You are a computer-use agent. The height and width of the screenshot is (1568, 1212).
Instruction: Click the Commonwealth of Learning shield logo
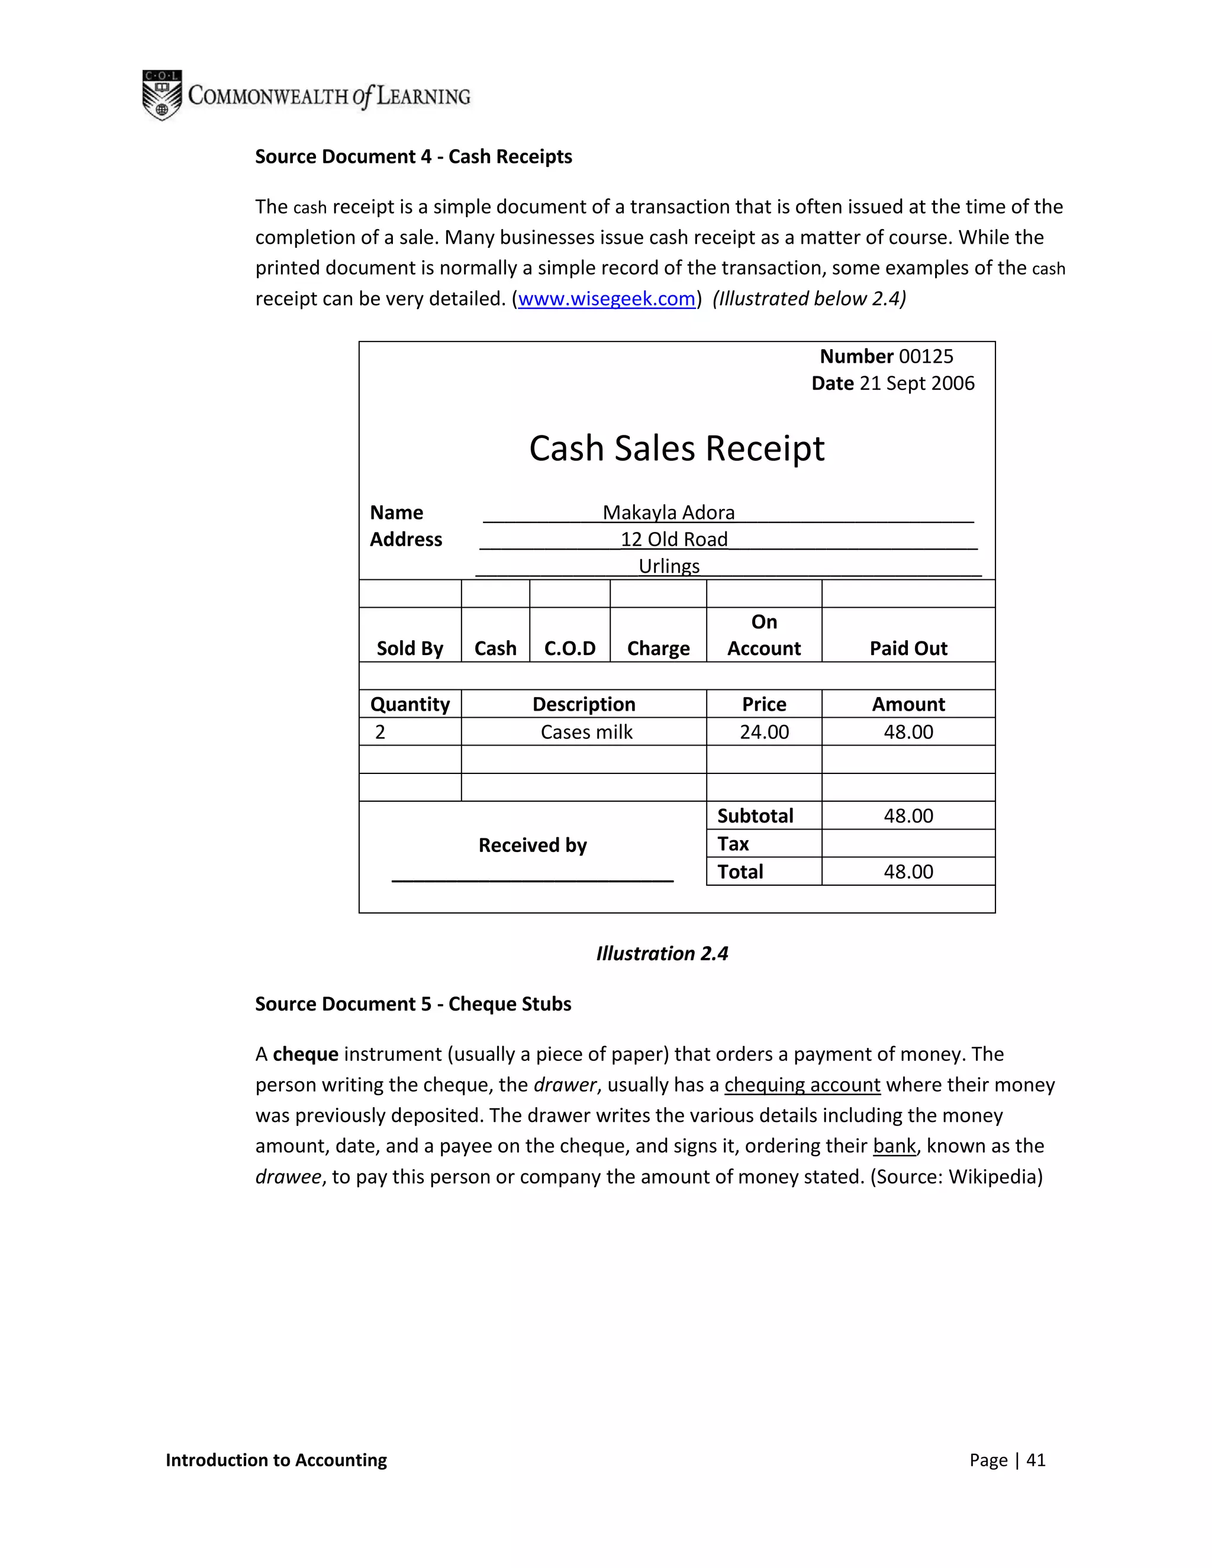pyautogui.click(x=162, y=95)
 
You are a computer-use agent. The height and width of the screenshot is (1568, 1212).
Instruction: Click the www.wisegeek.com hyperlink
pyautogui.click(x=607, y=299)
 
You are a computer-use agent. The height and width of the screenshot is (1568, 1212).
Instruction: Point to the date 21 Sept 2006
pyautogui.click(x=916, y=383)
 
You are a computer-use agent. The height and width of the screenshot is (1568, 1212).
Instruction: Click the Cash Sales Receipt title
pyautogui.click(x=676, y=449)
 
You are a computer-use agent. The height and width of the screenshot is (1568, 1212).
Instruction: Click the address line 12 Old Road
pyautogui.click(x=673, y=539)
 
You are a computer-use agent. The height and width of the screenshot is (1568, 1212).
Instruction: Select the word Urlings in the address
pyautogui.click(x=669, y=566)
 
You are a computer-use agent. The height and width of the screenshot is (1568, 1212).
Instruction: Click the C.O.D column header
pyautogui.click(x=569, y=649)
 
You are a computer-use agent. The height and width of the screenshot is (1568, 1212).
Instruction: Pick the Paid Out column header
pyautogui.click(x=908, y=649)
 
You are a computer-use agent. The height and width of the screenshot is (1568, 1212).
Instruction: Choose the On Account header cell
pyautogui.click(x=763, y=635)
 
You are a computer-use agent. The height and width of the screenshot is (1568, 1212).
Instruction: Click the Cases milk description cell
pyautogui.click(x=586, y=733)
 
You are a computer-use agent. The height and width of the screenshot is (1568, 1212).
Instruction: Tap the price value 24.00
pyautogui.click(x=763, y=733)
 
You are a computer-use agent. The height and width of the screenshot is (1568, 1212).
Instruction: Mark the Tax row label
pyautogui.click(x=733, y=844)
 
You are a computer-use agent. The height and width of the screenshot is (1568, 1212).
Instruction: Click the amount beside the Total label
pyautogui.click(x=908, y=872)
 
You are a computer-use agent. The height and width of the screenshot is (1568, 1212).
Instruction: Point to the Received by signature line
pyautogui.click(x=532, y=879)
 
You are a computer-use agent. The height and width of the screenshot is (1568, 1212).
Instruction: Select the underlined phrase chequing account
pyautogui.click(x=801, y=1085)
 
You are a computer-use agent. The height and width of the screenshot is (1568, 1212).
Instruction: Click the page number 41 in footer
pyautogui.click(x=1036, y=1460)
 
